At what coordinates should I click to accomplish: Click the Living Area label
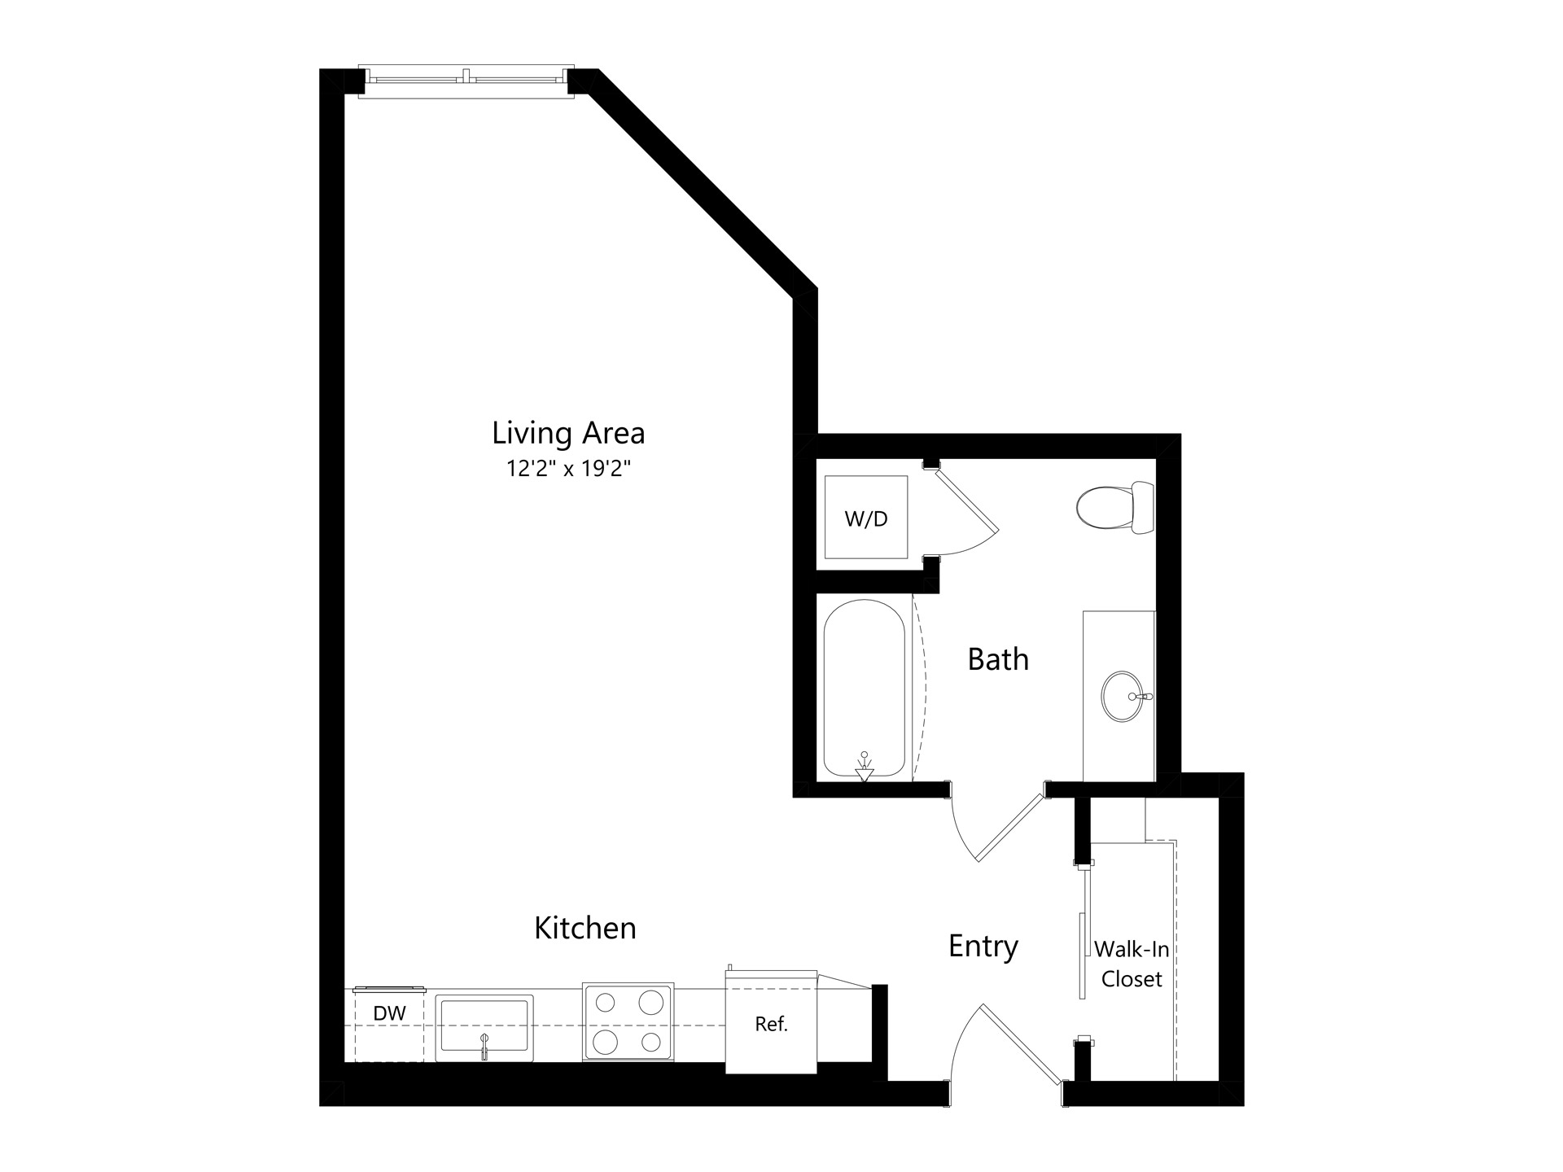(568, 434)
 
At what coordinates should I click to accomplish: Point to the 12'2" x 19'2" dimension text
(569, 469)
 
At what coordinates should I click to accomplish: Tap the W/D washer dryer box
(866, 518)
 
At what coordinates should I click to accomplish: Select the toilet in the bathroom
(1115, 507)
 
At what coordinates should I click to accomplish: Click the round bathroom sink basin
(1124, 696)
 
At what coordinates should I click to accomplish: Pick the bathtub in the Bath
(865, 688)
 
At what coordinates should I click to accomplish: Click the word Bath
(998, 659)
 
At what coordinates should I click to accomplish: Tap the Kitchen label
(585, 928)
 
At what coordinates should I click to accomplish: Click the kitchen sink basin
(484, 1028)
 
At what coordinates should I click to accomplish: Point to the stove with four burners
(628, 1022)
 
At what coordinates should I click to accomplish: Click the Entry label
(983, 947)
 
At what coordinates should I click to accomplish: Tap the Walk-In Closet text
(1132, 964)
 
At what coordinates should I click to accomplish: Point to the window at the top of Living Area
(466, 81)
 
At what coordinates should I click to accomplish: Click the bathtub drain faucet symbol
(865, 767)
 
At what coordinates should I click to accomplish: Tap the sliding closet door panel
(1083, 956)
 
